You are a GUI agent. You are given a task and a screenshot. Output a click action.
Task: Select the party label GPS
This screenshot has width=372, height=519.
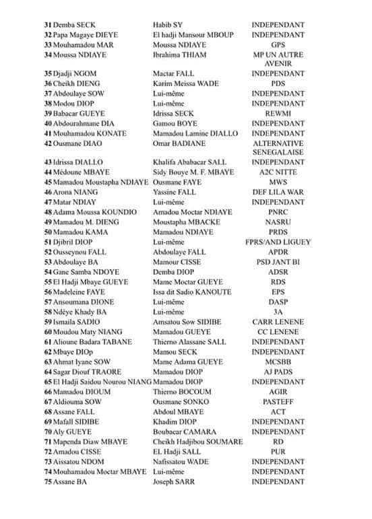tap(278, 44)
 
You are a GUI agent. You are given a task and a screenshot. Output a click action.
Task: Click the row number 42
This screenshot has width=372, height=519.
tap(48, 143)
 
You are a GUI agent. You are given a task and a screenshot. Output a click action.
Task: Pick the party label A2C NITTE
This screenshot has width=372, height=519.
tap(278, 172)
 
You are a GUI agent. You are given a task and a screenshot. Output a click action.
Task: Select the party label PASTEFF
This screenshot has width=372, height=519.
tap(278, 401)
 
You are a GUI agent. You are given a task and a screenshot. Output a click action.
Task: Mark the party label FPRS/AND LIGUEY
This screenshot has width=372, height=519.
tap(278, 242)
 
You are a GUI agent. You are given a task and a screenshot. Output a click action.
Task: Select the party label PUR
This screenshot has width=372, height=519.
tap(278, 451)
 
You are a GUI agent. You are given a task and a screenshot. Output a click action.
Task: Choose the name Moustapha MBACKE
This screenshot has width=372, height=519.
tap(186, 221)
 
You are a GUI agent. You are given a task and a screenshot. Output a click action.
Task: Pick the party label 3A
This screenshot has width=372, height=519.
tap(278, 312)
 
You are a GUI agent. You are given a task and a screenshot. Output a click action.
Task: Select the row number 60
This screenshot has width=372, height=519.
tap(48, 331)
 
